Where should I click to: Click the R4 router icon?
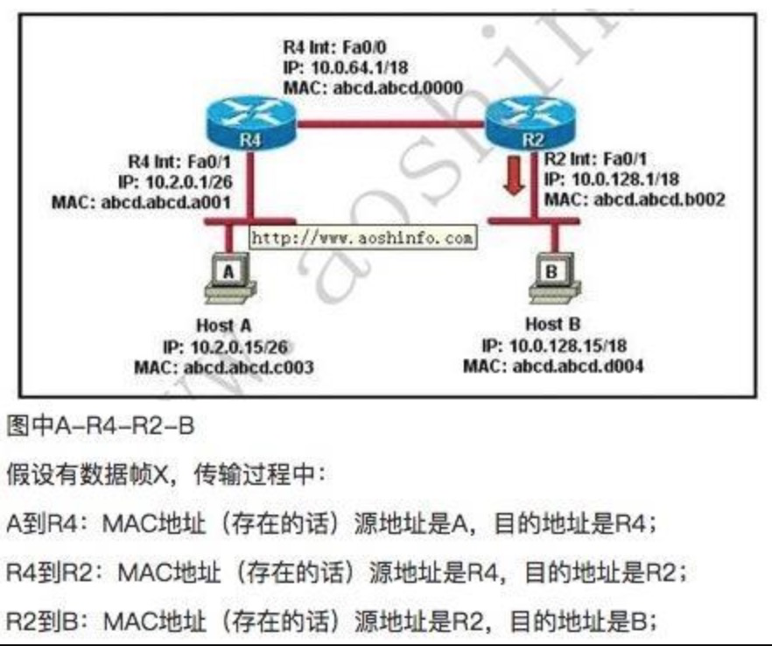coord(249,123)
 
